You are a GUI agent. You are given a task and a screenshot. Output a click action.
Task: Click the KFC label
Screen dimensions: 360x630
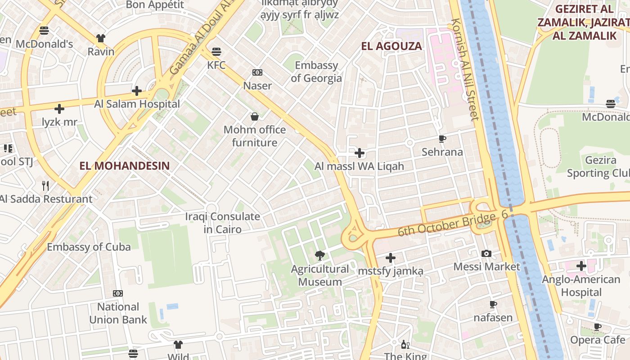coord(216,65)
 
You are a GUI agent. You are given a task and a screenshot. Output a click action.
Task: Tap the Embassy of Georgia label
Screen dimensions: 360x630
coord(316,72)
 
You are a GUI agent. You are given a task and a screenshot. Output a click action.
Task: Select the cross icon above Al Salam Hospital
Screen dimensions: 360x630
coord(137,91)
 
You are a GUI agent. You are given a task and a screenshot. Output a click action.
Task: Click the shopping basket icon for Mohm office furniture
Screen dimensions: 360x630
coord(255,117)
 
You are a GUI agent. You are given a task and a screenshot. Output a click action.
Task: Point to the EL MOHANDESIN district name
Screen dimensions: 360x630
coord(125,166)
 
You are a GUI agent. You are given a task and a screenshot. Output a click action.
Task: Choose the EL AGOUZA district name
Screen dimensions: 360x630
coord(391,46)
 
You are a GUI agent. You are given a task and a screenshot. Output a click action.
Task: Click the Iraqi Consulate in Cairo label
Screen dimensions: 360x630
coord(223,223)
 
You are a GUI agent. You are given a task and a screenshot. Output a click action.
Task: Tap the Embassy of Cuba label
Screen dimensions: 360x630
coord(89,247)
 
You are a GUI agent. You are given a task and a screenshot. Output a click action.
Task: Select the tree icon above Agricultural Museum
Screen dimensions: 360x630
coord(320,256)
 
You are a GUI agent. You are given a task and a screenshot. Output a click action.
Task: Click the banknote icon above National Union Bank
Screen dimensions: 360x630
coord(118,293)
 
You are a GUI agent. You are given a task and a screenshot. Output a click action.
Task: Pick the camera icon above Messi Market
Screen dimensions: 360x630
coord(486,254)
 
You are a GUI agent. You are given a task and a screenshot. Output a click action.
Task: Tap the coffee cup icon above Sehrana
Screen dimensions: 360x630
coord(442,139)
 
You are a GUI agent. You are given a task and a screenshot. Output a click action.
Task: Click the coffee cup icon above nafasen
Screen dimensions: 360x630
coord(493,305)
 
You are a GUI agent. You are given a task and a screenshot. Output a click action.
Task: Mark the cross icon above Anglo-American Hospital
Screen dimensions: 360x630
coord(581,266)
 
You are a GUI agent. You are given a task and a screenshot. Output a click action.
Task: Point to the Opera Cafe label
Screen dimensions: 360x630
coord(598,340)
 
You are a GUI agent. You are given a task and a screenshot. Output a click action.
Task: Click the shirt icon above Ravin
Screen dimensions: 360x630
coord(101,39)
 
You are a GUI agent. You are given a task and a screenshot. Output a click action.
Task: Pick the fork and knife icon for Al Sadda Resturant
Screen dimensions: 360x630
coord(45,186)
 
